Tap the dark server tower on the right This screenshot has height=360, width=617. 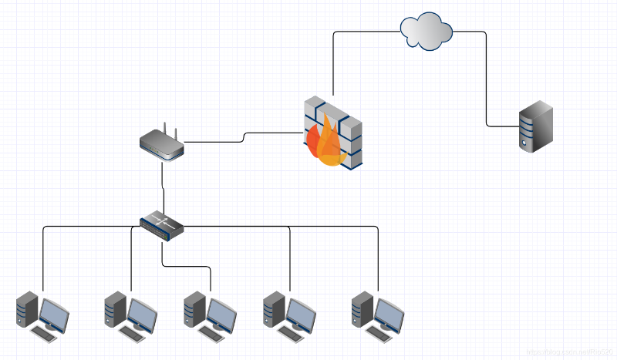pos(535,129)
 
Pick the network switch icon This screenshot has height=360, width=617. pos(162,224)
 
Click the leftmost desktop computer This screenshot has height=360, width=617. pos(42,316)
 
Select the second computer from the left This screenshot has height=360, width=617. pos(130,316)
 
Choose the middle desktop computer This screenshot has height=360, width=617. pos(210,316)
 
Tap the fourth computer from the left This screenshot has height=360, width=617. pos(288,316)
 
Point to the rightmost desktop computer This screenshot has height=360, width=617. pos(377,316)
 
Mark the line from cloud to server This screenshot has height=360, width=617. pos(487,77)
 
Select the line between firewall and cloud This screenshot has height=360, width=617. pos(333,62)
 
